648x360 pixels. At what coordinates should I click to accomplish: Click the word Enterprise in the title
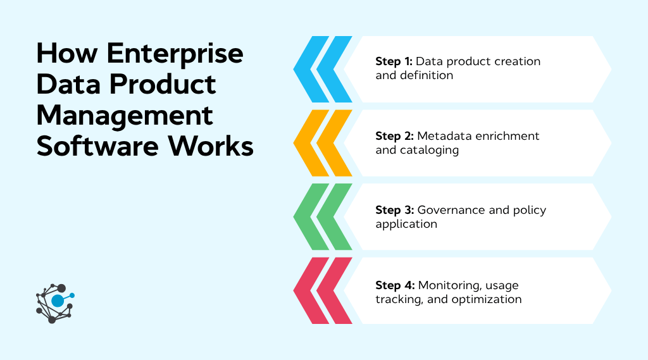[175, 54]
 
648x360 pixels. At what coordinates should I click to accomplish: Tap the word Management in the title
[125, 116]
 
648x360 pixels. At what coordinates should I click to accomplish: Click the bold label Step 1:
[394, 62]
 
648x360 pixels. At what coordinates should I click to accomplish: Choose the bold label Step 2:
[394, 136]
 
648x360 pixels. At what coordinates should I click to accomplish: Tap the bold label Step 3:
[394, 210]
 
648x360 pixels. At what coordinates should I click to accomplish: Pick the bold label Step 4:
[395, 285]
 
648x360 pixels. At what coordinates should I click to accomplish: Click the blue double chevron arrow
[323, 69]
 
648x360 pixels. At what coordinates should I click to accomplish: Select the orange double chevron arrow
[323, 143]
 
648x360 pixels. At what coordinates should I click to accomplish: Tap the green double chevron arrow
[323, 217]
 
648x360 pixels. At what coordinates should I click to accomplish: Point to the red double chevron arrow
[323, 290]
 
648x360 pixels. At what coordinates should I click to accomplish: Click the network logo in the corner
[55, 302]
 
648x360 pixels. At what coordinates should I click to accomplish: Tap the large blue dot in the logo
[58, 301]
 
